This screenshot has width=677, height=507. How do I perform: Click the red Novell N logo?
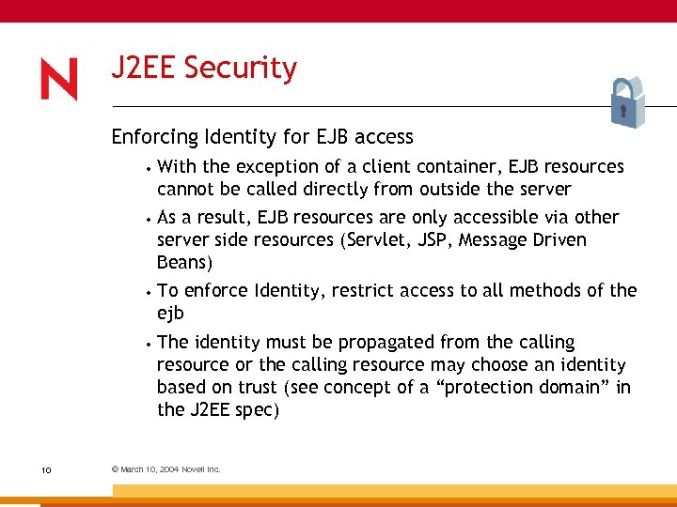pyautogui.click(x=59, y=80)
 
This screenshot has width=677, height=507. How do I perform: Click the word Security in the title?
pyautogui.click(x=241, y=68)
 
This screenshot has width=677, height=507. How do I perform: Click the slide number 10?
pyautogui.click(x=45, y=469)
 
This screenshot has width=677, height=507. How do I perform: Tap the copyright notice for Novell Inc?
pyautogui.click(x=165, y=469)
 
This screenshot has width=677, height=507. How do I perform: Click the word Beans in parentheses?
pyautogui.click(x=181, y=262)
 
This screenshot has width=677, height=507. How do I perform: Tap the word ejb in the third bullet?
pyautogui.click(x=170, y=314)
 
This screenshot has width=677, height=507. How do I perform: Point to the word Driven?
pyautogui.click(x=558, y=239)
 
